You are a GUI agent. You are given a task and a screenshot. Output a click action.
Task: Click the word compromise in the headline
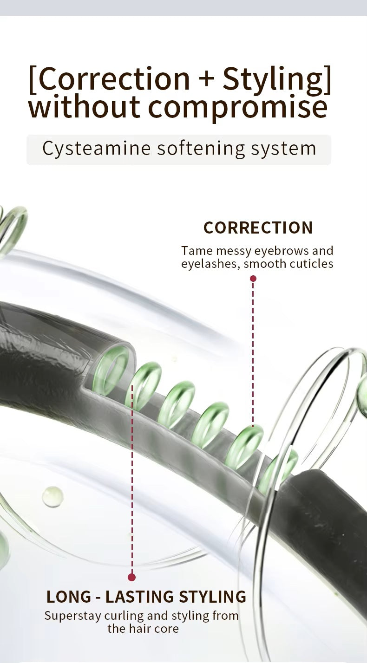click(x=237, y=107)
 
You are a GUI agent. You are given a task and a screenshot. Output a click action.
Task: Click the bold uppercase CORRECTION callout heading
click(x=258, y=227)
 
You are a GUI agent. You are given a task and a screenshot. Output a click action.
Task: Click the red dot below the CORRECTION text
click(x=253, y=279)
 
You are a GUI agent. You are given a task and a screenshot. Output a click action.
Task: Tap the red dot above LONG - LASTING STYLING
click(x=131, y=577)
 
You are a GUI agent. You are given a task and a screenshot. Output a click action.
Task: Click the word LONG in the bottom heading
click(x=69, y=597)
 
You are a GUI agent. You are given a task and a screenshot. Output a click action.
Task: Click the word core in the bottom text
click(x=168, y=629)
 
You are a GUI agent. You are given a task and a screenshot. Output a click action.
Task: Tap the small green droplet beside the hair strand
click(x=52, y=496)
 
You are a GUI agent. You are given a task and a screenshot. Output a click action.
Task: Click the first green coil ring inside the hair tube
click(x=111, y=370)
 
